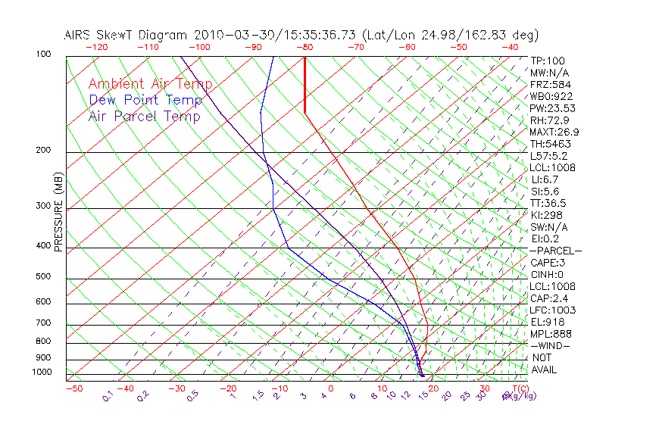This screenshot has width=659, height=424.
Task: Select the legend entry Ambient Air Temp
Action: click(150, 84)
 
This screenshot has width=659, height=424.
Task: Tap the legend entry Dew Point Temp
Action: click(145, 100)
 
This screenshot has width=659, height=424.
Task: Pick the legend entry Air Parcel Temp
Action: click(144, 116)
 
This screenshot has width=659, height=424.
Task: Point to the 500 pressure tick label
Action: click(43, 277)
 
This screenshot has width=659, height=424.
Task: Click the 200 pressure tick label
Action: click(43, 151)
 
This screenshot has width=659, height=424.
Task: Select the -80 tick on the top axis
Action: click(305, 47)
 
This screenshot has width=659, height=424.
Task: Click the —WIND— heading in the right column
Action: click(551, 345)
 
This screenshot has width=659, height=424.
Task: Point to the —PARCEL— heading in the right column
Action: click(555, 251)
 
